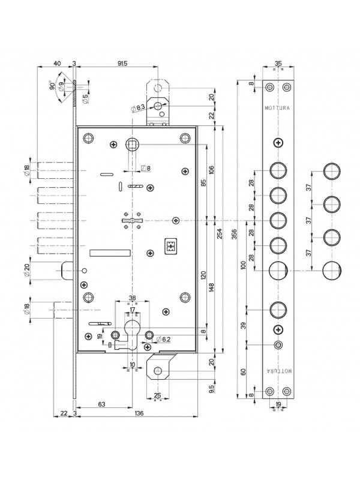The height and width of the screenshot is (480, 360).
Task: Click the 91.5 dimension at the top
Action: (122, 64)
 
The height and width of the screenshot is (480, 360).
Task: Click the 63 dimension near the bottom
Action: (101, 404)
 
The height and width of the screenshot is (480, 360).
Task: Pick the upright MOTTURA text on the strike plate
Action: (278, 108)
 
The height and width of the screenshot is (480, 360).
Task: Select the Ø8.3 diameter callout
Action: (138, 108)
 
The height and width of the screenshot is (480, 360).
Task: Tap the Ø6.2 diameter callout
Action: (163, 339)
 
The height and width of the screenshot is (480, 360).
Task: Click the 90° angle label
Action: (52, 85)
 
